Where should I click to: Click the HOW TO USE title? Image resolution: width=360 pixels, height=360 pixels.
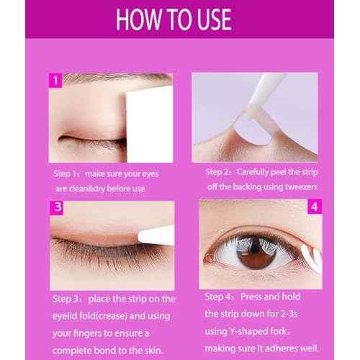(180, 19)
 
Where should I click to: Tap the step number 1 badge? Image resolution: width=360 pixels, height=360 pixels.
(55, 80)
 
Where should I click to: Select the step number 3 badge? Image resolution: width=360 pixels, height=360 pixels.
(55, 207)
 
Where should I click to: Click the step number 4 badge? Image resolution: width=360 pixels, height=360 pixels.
(315, 207)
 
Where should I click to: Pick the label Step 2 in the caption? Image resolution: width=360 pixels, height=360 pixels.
(219, 172)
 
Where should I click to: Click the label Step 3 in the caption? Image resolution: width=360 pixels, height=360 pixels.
(66, 298)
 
